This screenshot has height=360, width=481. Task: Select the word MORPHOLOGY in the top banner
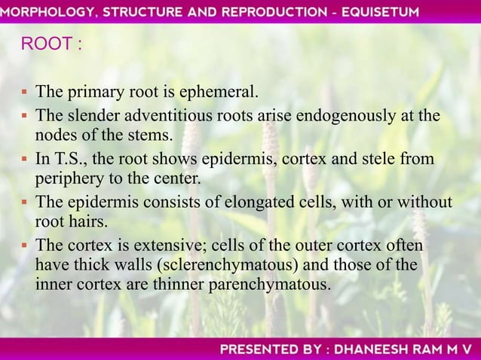click(x=45, y=11)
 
